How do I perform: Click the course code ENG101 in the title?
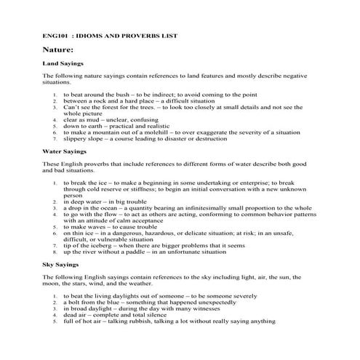pyautogui.click(x=54, y=35)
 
